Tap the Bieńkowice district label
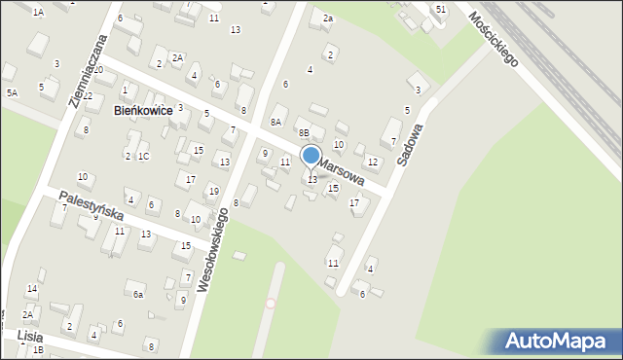[143, 111]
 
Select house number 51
[441, 9]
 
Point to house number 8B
[304, 132]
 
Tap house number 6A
[276, 122]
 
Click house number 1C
[143, 156]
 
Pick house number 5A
[13, 92]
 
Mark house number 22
[88, 95]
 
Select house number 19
[213, 191]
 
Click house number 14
[31, 289]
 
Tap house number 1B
[38, 349]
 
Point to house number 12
[372, 162]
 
